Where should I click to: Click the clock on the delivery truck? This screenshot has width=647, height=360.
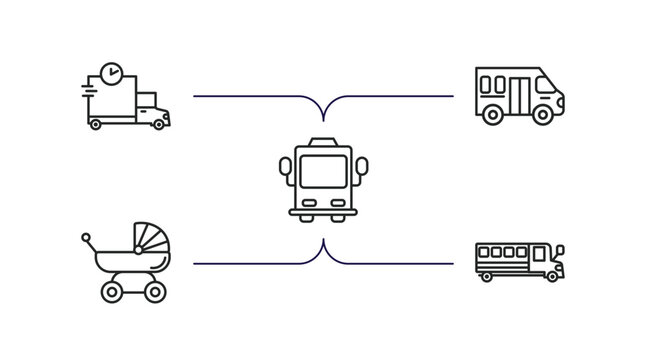(112, 74)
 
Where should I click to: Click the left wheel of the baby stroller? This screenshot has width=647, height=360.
(113, 292)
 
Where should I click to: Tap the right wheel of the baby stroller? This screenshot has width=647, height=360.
(153, 292)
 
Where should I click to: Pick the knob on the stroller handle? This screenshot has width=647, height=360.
(86, 238)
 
